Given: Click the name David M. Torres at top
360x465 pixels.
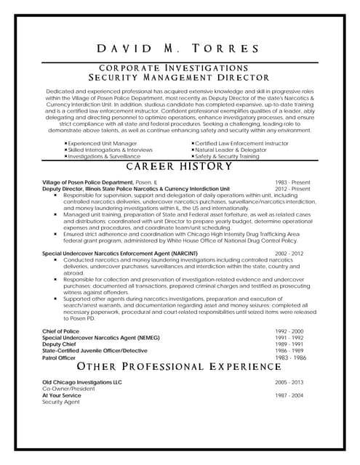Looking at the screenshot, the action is pyautogui.click(x=179, y=49).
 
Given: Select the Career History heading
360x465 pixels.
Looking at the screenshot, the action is pyautogui.click(x=179, y=166).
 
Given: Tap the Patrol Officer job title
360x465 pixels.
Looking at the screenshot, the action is pyautogui.click(x=59, y=357).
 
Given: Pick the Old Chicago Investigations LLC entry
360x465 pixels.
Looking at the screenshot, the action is pyautogui.click(x=82, y=381).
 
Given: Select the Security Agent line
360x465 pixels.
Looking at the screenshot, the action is pyautogui.click(x=61, y=401).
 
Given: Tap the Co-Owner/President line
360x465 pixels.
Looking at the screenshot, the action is pyautogui.click(x=68, y=388).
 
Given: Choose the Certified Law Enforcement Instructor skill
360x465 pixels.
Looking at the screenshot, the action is pyautogui.click(x=241, y=143).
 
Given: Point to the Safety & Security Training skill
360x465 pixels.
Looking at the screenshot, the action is pyautogui.click(x=227, y=156).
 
